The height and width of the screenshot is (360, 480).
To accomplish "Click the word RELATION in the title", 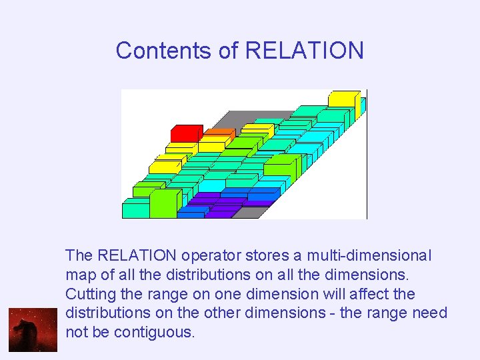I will [x=305, y=51].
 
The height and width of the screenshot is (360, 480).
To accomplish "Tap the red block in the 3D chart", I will [x=187, y=133].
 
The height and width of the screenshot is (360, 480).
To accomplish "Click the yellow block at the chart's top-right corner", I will [x=344, y=99].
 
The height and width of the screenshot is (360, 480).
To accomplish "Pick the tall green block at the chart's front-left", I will [x=164, y=203].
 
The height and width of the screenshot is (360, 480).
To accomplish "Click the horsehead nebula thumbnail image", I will [x=33, y=329].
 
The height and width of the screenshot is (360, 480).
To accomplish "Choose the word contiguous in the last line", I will [x=154, y=332].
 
